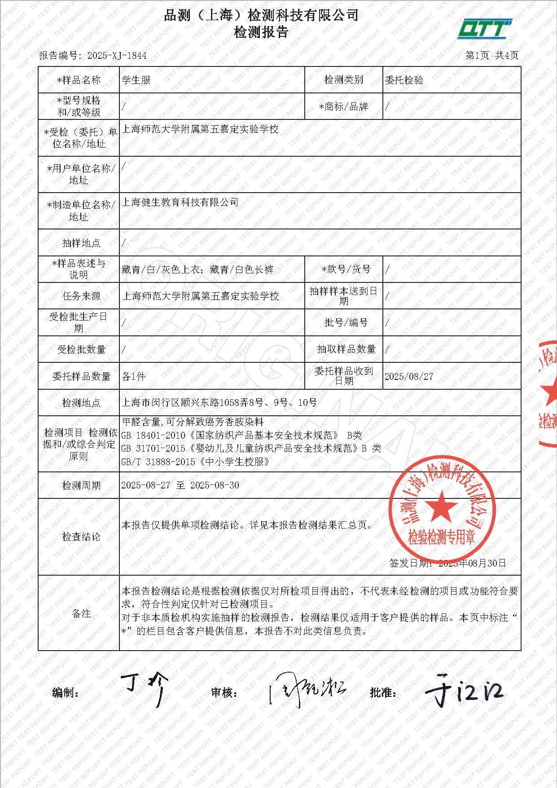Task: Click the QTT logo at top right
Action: point(484,29)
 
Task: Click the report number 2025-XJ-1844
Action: point(117,56)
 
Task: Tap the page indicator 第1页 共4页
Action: point(491,55)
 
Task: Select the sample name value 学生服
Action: point(136,80)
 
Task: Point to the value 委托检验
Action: point(404,80)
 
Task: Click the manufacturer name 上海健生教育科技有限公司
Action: point(180,203)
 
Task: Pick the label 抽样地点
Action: point(81,243)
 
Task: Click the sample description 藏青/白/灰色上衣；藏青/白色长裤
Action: point(197,269)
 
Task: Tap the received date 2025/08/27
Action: point(409,376)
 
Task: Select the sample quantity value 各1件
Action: point(133,376)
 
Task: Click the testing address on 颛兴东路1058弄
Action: point(219,403)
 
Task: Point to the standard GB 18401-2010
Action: point(153,435)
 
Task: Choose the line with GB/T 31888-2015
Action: point(195,462)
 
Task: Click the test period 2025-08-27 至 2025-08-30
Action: point(180,485)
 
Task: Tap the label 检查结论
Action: point(81,537)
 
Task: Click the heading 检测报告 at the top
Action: point(261,32)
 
